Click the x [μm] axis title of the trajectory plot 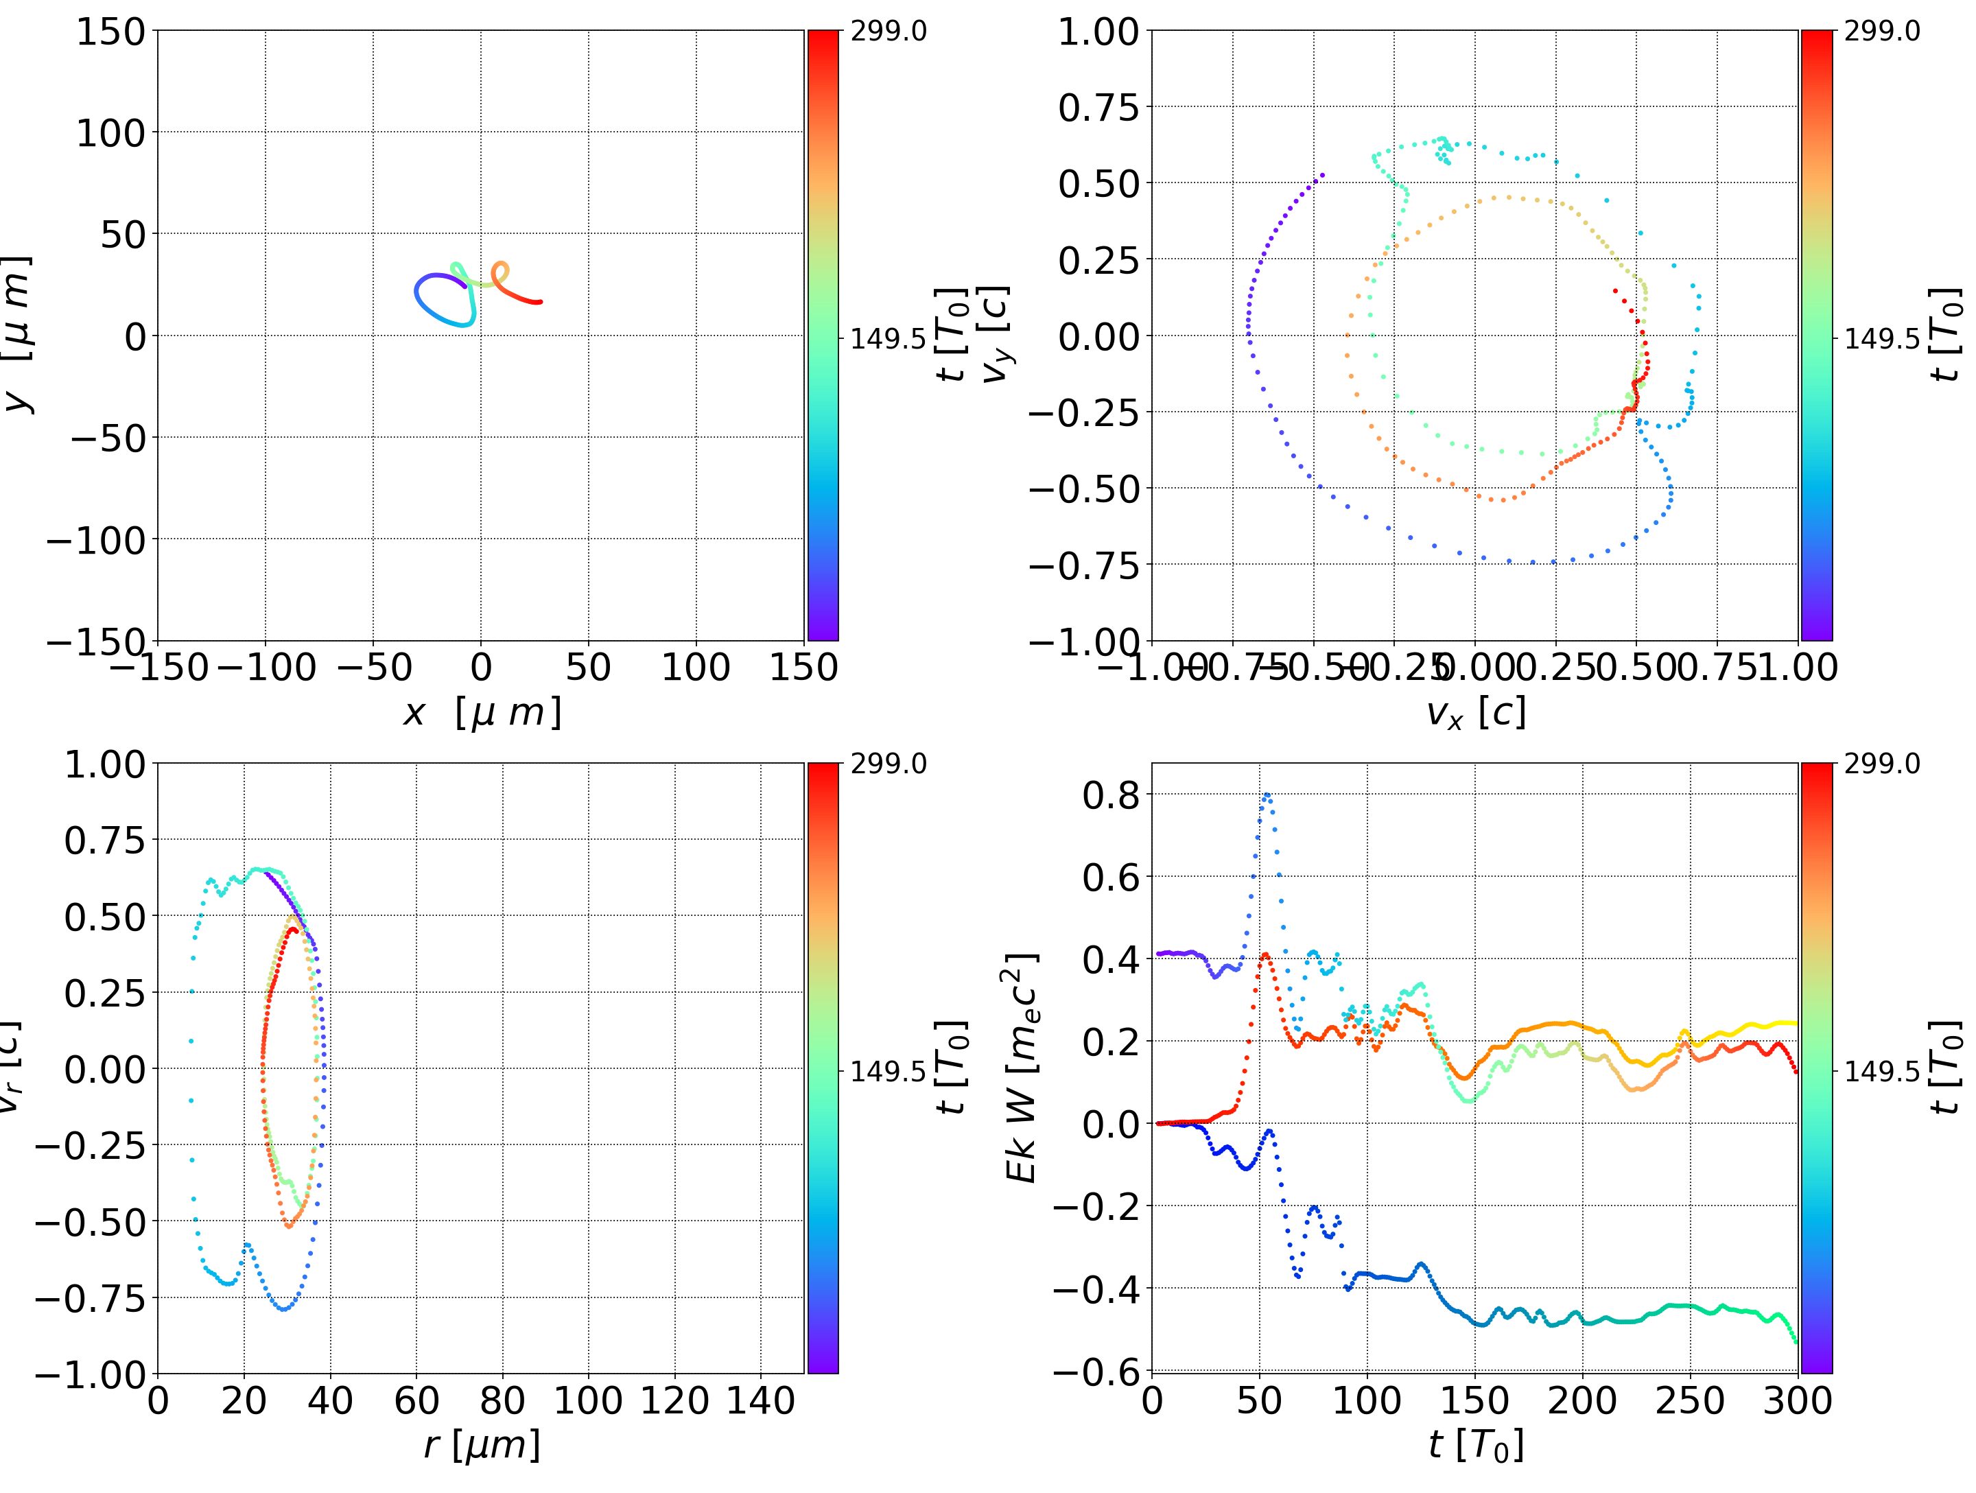click(482, 712)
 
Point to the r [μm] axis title click(482, 1445)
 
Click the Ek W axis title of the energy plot click(1021, 1068)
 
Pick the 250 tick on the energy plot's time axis click(1689, 1400)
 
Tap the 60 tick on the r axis click(416, 1400)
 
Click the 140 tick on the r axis click(760, 1400)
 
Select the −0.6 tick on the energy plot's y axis click(1098, 1371)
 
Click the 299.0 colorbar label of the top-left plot click(888, 32)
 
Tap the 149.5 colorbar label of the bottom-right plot click(1881, 1070)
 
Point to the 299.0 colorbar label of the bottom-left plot click(888, 764)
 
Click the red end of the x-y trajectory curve click(539, 302)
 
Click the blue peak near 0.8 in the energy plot click(1266, 795)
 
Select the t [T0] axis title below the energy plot click(1475, 1445)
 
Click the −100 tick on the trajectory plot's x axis click(266, 668)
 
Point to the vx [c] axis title click(1475, 712)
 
